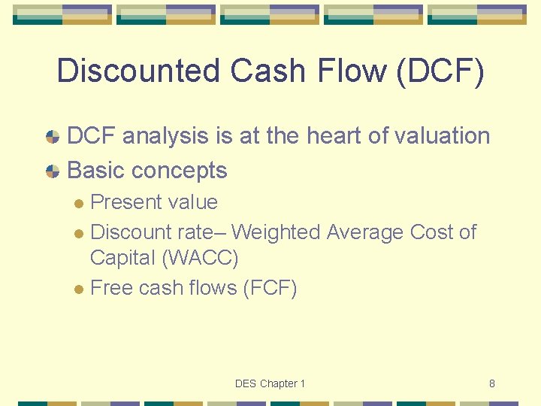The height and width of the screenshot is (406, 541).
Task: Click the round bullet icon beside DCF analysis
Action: (x=53, y=137)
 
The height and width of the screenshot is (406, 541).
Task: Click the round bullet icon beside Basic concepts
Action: (x=53, y=171)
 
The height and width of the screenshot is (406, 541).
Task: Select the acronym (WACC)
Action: (x=199, y=259)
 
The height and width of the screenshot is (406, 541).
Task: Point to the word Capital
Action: (x=122, y=259)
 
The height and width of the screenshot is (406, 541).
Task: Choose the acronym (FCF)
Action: (x=270, y=288)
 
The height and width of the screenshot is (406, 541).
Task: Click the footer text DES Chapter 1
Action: (x=270, y=383)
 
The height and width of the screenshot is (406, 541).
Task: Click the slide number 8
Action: (x=491, y=383)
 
